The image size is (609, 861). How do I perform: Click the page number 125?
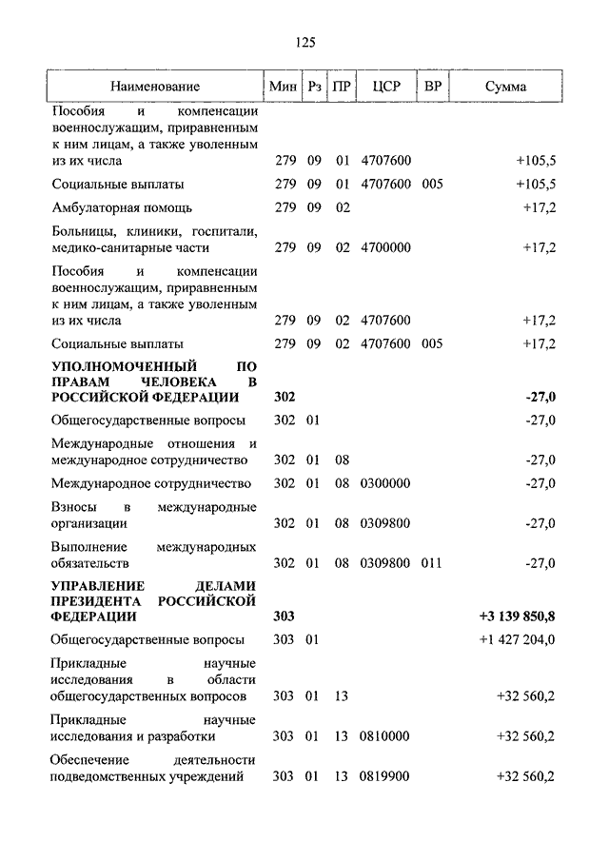click(304, 42)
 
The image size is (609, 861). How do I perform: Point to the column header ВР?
click(433, 88)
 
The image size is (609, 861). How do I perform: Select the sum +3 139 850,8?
click(518, 617)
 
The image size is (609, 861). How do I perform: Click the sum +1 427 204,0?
click(518, 639)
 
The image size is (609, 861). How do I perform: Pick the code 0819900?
click(385, 777)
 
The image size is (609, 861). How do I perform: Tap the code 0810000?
click(385, 736)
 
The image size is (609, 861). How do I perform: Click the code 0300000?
click(385, 483)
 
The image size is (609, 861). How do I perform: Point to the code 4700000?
click(385, 248)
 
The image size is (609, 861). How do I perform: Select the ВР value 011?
click(432, 563)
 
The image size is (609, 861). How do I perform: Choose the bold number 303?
click(285, 617)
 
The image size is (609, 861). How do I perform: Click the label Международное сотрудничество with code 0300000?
click(151, 483)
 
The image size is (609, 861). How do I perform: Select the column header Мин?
click(284, 88)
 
